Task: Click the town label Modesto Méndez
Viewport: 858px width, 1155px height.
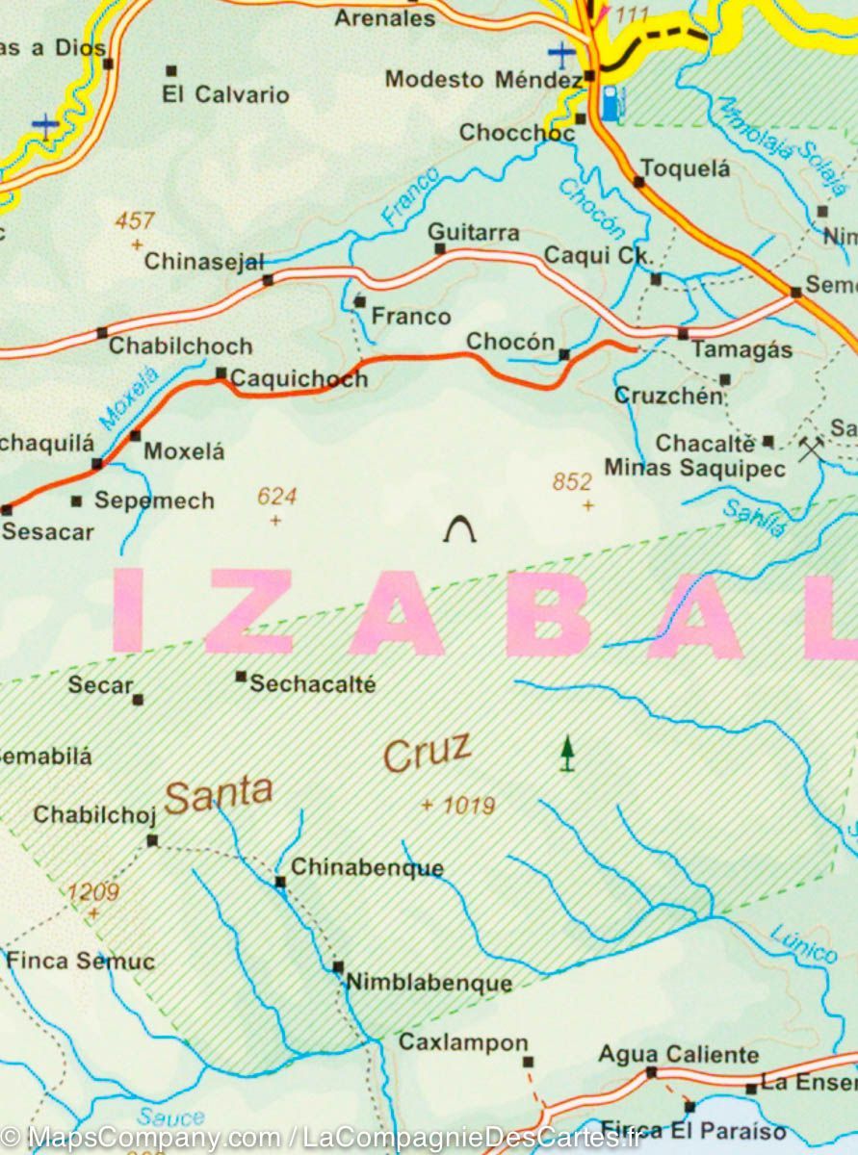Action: tap(482, 79)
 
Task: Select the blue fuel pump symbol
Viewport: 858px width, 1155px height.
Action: tap(611, 103)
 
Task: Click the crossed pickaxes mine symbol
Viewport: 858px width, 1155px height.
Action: tap(811, 448)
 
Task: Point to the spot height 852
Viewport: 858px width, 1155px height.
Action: tap(572, 482)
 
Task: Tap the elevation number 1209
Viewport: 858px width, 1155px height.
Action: tap(93, 892)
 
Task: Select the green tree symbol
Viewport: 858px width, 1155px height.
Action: tap(568, 753)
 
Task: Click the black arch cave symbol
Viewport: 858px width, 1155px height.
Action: tap(460, 529)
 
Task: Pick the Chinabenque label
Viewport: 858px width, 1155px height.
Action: tap(367, 867)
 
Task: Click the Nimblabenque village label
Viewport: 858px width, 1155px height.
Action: tap(429, 983)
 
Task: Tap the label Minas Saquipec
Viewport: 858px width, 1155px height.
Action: tap(694, 469)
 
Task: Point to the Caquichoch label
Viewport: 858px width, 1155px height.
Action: tap(299, 379)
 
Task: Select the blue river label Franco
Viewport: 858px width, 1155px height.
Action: tap(411, 197)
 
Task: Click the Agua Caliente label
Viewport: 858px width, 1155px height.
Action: tap(678, 1055)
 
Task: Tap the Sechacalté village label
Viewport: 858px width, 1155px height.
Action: tap(312, 684)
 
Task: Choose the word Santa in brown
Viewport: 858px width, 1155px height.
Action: tap(219, 794)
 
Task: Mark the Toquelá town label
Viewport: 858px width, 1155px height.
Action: tap(686, 168)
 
